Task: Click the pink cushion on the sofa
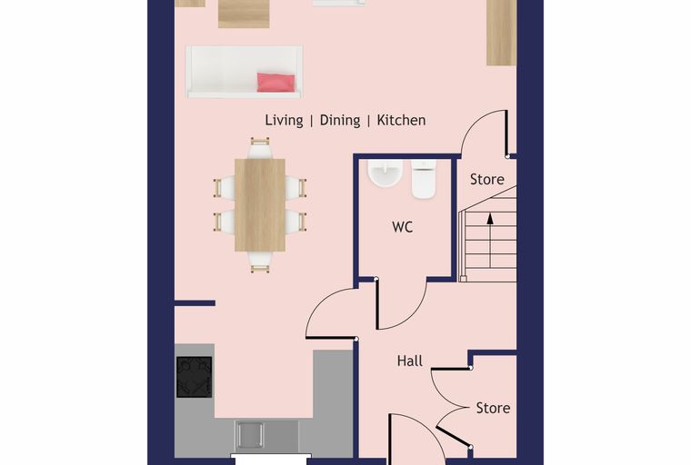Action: click(x=275, y=83)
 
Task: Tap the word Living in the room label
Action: click(x=284, y=120)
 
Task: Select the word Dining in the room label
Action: click(x=340, y=120)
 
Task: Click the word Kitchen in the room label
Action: click(x=401, y=120)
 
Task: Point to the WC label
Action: click(x=403, y=227)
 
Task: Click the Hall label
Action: click(x=410, y=361)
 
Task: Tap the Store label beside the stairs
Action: click(x=487, y=179)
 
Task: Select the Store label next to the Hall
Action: click(x=493, y=408)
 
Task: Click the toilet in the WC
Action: click(x=424, y=178)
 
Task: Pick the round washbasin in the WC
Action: click(x=386, y=173)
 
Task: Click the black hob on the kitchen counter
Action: click(x=195, y=377)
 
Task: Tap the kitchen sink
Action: click(x=249, y=435)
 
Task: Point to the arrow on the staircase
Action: click(x=490, y=241)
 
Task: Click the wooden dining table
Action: click(x=260, y=205)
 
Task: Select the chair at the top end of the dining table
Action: click(x=260, y=148)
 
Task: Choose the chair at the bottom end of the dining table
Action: click(x=260, y=262)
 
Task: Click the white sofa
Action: click(x=245, y=72)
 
